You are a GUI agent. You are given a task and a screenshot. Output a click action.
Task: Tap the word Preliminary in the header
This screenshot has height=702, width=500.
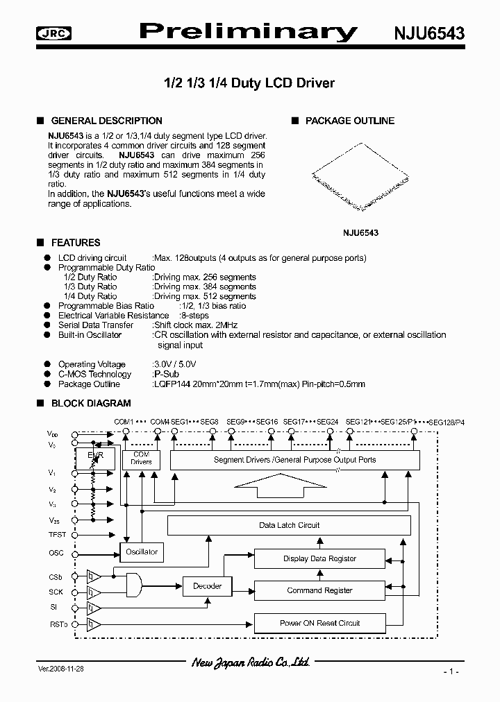[x=249, y=31]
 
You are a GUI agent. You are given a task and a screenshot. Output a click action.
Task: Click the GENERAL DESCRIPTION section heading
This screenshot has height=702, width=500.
[x=107, y=121]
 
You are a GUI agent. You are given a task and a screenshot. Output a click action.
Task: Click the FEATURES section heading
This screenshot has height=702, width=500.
[x=76, y=243]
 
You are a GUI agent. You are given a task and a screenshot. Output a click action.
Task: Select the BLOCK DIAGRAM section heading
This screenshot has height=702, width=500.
[x=91, y=403]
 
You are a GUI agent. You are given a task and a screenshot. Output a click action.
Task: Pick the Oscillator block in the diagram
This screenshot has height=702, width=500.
[x=141, y=552]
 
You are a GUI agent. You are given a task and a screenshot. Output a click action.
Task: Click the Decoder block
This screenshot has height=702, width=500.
[x=207, y=586]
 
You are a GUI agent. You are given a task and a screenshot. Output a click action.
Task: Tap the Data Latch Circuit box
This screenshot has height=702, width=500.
[x=289, y=525]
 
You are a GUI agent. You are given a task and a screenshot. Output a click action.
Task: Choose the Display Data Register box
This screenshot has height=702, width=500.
[x=319, y=558]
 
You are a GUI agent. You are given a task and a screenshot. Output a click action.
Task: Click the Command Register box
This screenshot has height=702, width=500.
[x=319, y=590]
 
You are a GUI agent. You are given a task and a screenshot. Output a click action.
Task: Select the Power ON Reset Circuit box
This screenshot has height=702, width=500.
[x=319, y=623]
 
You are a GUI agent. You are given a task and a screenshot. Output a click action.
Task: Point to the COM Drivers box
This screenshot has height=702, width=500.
[x=141, y=459]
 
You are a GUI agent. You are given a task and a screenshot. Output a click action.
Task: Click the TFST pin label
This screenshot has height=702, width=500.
[x=58, y=535]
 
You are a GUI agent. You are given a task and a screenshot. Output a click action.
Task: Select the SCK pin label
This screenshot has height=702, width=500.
[x=56, y=592]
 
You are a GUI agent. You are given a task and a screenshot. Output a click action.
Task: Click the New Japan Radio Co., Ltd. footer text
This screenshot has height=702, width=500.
[x=250, y=664]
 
